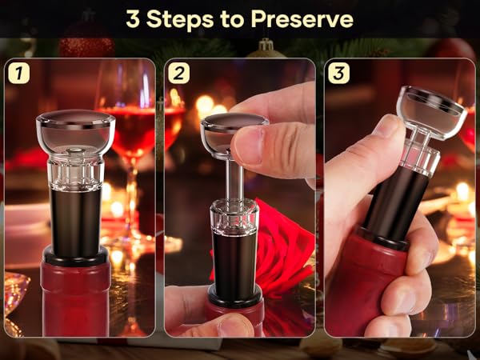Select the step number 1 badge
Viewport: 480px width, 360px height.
18,74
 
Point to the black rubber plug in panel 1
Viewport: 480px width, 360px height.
75,216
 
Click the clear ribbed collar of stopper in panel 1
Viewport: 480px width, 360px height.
75,168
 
